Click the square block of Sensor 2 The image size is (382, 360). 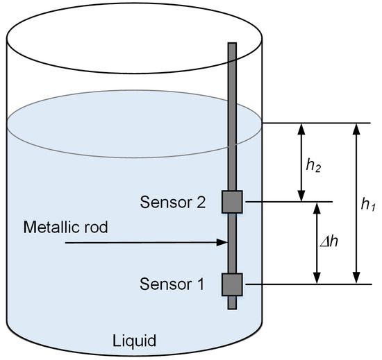coord(231,201)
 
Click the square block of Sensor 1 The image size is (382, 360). coord(231,284)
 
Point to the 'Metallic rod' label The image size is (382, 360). coord(66,227)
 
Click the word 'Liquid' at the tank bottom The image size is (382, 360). coord(135,341)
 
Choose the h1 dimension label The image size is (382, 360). coord(369,205)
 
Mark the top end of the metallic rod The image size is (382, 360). coord(232,46)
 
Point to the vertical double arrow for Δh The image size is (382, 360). coord(317,243)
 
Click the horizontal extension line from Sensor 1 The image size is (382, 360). coord(306,284)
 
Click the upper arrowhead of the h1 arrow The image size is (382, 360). coord(356,128)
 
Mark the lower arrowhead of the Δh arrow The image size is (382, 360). coord(317,279)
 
